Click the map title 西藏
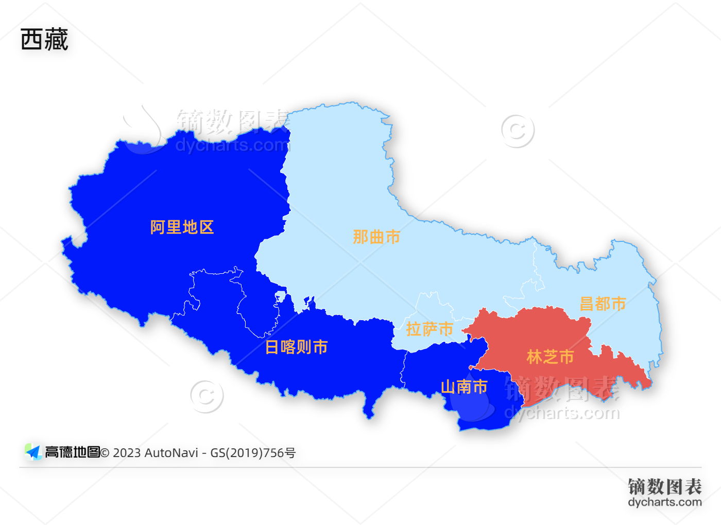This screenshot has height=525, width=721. tap(44, 40)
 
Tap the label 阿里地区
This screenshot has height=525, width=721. tap(182, 227)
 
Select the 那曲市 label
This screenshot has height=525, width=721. tap(376, 237)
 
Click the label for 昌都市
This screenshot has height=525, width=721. tap(603, 304)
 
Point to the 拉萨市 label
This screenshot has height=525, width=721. tap(430, 329)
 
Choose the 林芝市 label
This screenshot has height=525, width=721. tap(550, 357)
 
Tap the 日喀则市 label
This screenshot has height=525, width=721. tap(297, 347)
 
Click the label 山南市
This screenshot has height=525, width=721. tap(464, 387)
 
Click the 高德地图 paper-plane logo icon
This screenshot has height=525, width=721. tap(33, 452)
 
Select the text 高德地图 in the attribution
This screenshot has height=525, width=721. tap(72, 452)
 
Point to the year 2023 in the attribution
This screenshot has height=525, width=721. tap(127, 453)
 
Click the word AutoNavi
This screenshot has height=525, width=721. tap(171, 453)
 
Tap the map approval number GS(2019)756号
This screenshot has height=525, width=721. tap(253, 453)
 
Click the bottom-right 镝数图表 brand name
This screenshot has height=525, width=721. tap(664, 486)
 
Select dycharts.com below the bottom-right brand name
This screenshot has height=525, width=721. tap(664, 502)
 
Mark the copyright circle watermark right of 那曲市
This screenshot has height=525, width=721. tap(518, 131)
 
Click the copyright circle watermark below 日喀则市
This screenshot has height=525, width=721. tap(207, 396)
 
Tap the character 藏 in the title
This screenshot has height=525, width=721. tap(56, 40)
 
